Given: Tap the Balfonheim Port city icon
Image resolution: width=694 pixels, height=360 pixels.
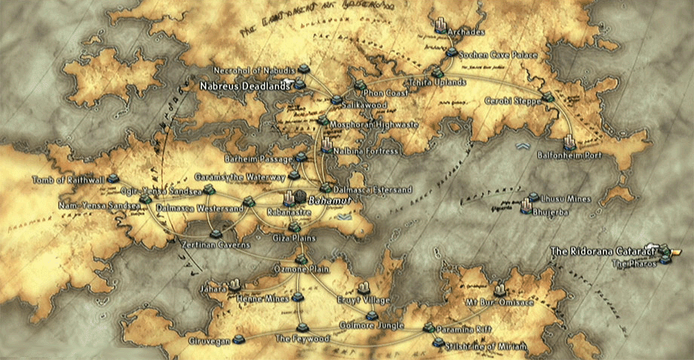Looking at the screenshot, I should tap(570, 141).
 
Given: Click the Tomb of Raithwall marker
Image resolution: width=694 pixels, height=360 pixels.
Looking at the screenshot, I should tap(113, 179).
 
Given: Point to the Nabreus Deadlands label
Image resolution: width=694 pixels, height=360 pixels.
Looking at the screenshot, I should tap(244, 87).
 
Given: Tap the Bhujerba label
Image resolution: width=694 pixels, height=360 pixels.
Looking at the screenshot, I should tap(548, 212).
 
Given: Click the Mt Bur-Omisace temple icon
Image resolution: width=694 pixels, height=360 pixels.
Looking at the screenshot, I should tap(499, 288).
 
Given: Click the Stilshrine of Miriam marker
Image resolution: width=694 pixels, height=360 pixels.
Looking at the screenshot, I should tap(438, 342).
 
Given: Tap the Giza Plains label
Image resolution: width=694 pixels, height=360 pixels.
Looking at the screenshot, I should tap(294, 238).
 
